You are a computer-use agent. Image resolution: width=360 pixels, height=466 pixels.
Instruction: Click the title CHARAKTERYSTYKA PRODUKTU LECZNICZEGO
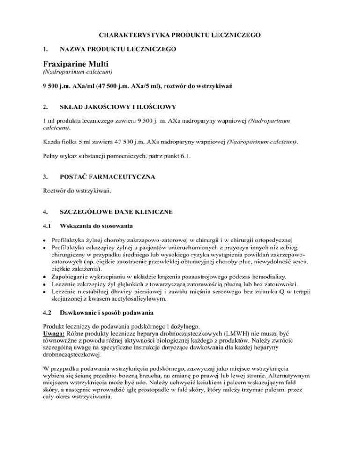[x=180, y=35]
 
